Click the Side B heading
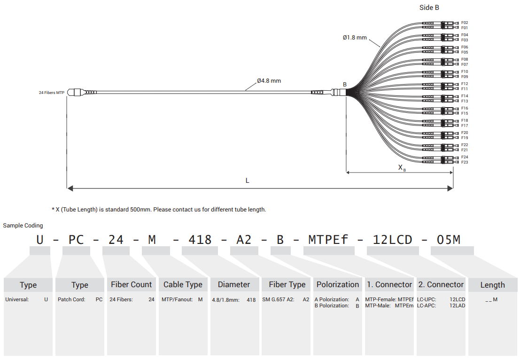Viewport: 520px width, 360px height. [429, 8]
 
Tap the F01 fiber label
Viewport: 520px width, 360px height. [465, 28]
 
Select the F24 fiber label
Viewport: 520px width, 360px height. [465, 157]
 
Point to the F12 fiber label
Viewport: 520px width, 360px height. [465, 84]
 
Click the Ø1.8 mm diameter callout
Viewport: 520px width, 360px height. [355, 37]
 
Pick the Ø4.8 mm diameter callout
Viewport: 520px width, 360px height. [269, 81]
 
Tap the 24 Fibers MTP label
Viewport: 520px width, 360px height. [51, 93]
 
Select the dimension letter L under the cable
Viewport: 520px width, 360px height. [248, 181]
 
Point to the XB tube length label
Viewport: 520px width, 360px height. [402, 168]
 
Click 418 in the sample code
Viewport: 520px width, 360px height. [200, 240]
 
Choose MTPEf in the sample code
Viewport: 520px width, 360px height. [328, 240]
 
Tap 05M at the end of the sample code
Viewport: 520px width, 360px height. [448, 240]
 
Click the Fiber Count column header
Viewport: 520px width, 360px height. [131, 284]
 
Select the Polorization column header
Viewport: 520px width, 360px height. [337, 284]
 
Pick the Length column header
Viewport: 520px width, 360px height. [492, 285]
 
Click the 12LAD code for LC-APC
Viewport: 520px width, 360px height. [457, 306]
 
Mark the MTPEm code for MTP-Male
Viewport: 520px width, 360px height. [404, 306]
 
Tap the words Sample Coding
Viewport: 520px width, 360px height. [23, 226]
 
